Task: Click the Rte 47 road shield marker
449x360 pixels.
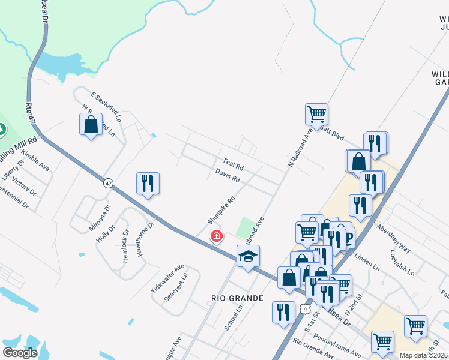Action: tap(108, 183)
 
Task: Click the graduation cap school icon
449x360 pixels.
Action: tap(248, 257)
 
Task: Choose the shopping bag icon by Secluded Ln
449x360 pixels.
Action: tap(91, 125)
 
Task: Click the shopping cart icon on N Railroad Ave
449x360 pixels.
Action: tap(316, 113)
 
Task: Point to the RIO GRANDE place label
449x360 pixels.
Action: tap(238, 298)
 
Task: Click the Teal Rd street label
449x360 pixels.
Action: tap(233, 163)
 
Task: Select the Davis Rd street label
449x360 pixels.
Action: tap(228, 175)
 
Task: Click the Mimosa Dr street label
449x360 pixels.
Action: tap(100, 218)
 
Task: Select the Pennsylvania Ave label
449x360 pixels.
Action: tap(337, 347)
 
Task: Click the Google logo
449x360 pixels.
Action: tap(20, 353)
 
